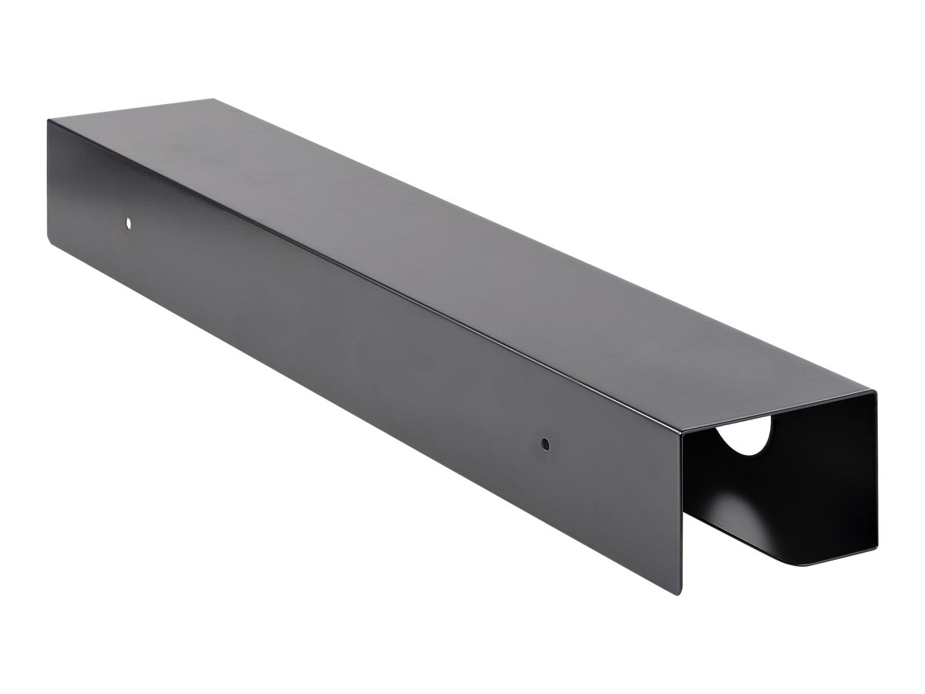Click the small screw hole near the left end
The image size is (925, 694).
128,223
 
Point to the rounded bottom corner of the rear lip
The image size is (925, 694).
809,563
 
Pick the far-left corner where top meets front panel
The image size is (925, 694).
48,120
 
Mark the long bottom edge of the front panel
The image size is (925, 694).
362,413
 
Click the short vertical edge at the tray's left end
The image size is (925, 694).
49,177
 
